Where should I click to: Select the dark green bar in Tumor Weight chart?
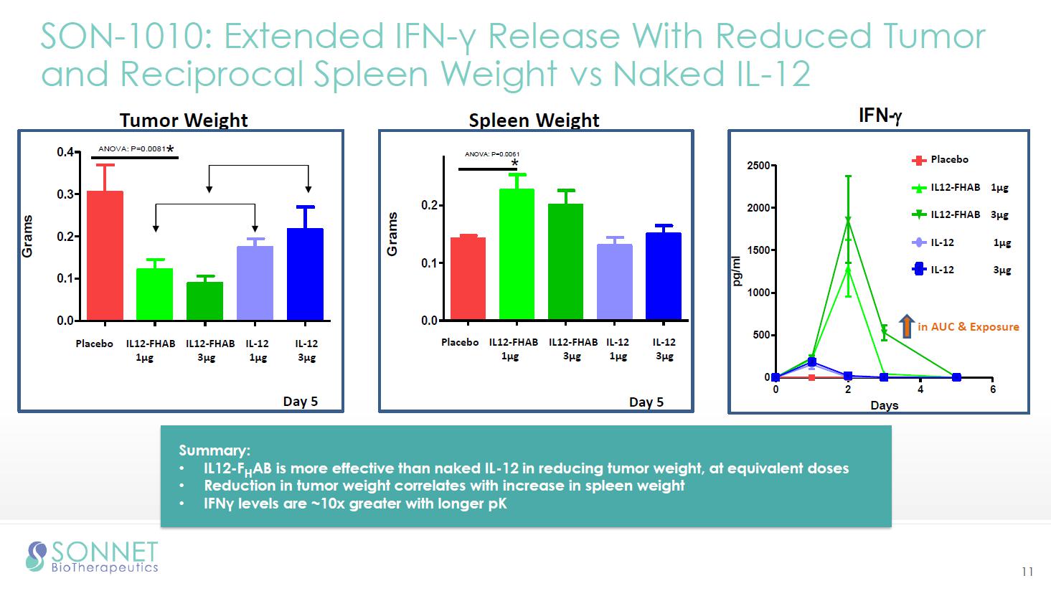pyautogui.click(x=204, y=301)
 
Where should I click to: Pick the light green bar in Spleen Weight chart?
pyautogui.click(x=517, y=254)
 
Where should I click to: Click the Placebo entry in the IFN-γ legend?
pyautogui.click(x=949, y=160)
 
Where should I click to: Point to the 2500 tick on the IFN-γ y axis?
pyautogui.click(x=760, y=166)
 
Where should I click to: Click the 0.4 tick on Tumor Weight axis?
pyautogui.click(x=65, y=152)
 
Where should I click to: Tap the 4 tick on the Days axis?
pyautogui.click(x=920, y=389)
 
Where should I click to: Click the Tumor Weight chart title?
pyautogui.click(x=184, y=120)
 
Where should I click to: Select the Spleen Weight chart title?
pyautogui.click(x=534, y=120)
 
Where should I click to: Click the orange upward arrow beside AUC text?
pyautogui.click(x=907, y=326)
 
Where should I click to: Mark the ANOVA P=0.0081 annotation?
pyautogui.click(x=132, y=149)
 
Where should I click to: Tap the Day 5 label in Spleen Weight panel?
pyautogui.click(x=646, y=402)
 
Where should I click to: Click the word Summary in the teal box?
pyautogui.click(x=214, y=450)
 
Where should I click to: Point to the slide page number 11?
pyautogui.click(x=1027, y=572)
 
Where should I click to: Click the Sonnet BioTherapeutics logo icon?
pyautogui.click(x=36, y=557)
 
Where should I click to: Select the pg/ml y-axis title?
pyautogui.click(x=737, y=271)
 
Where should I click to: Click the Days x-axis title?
pyautogui.click(x=884, y=405)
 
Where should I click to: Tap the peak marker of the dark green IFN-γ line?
pyautogui.click(x=848, y=220)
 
